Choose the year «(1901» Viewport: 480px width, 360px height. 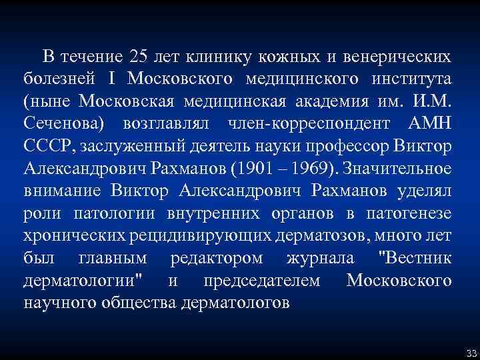pos(249,169)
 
